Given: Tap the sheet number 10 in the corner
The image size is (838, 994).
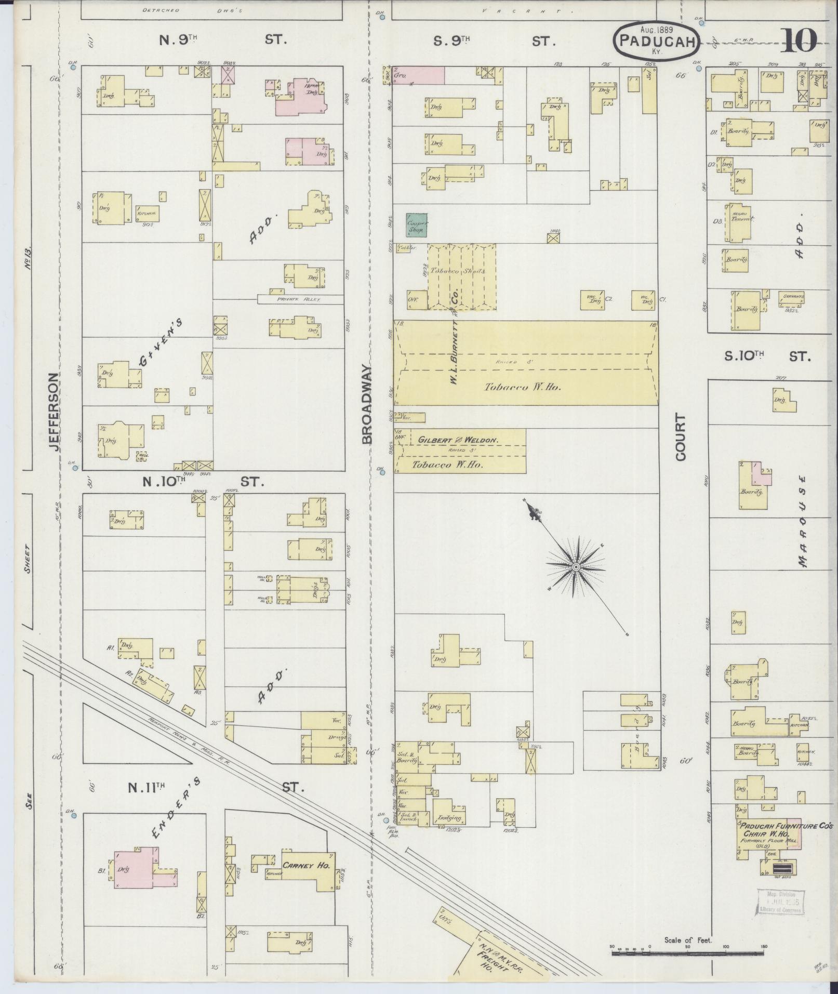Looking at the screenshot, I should pyautogui.click(x=799, y=41).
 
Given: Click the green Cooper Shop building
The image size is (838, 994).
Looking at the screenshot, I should pyautogui.click(x=417, y=225).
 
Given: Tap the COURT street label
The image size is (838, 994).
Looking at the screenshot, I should pyautogui.click(x=681, y=437).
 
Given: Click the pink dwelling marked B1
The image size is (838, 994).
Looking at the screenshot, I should pyautogui.click(x=134, y=869).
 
